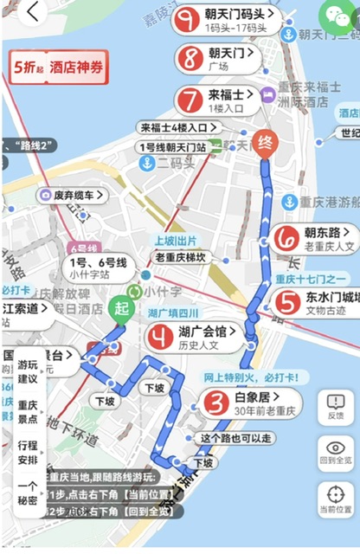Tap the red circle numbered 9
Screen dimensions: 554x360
(186, 20)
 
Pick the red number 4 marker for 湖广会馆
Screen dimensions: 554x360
(160, 336)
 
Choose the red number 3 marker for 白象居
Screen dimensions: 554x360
(216, 403)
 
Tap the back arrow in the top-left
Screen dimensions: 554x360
(34, 13)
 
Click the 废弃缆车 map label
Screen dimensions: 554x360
(73, 196)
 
